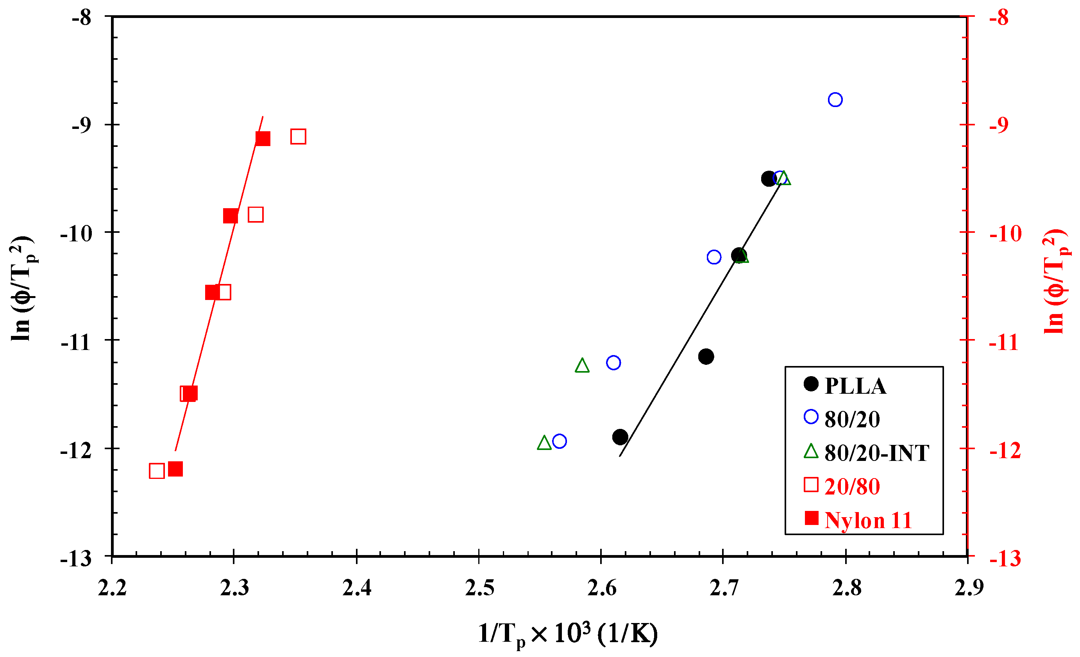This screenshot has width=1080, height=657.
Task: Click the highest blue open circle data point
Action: [835, 100]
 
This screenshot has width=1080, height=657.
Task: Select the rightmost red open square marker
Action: [298, 137]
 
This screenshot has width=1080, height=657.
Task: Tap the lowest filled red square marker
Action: [175, 469]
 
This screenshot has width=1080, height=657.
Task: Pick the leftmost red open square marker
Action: [156, 471]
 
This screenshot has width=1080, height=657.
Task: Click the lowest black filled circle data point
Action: [620, 437]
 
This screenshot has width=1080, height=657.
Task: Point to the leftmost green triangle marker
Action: [544, 443]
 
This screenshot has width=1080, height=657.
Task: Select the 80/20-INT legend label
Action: [876, 453]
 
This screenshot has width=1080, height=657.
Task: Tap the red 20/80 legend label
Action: [852, 487]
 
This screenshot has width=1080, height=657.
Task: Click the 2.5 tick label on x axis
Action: [479, 589]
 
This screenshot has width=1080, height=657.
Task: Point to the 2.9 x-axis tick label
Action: [969, 589]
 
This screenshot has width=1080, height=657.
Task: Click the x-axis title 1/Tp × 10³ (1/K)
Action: [568, 634]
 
